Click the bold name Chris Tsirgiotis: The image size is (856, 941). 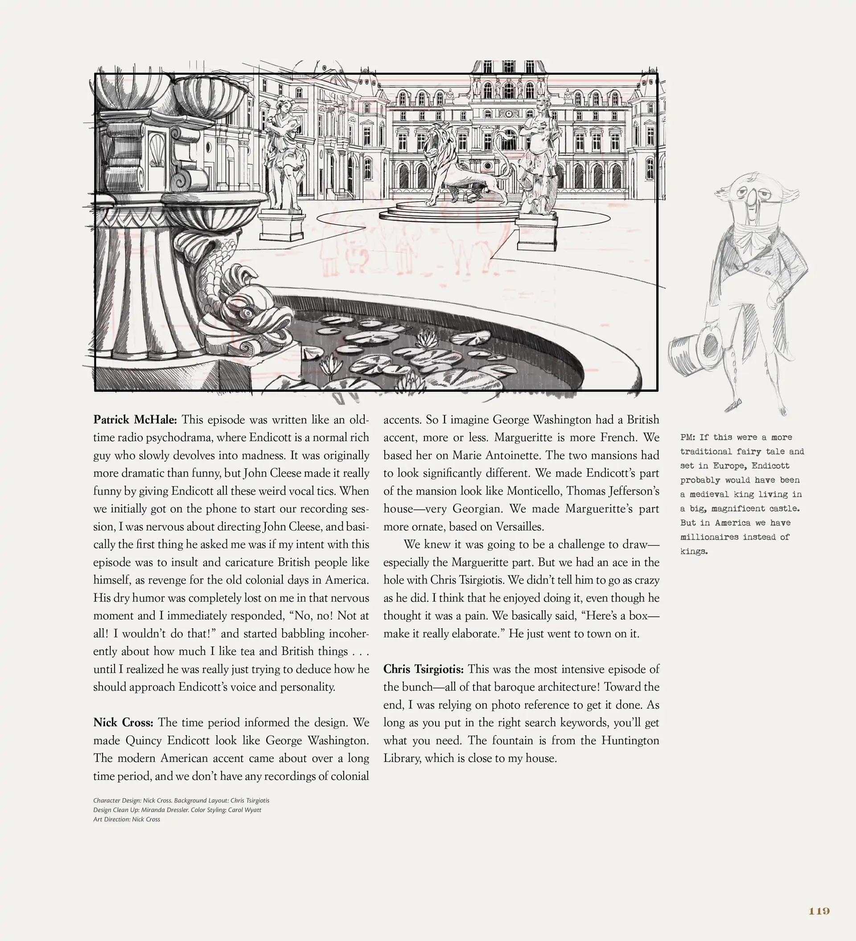[423, 669]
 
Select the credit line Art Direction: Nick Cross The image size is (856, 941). [127, 819]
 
